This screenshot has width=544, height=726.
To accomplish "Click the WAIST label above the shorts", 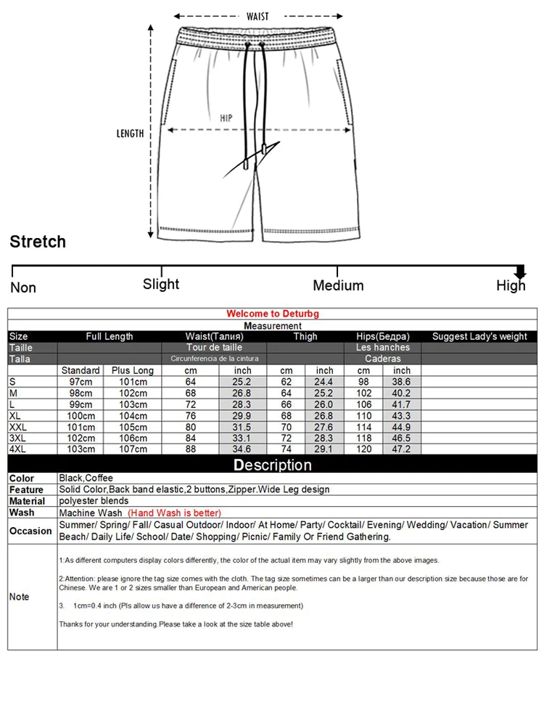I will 257,16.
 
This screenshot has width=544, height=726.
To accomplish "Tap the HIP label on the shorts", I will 226,118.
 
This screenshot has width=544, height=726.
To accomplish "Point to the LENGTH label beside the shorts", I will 131,134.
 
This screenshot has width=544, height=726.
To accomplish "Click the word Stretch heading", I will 38,242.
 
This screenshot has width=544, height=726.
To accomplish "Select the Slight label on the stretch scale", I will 161,284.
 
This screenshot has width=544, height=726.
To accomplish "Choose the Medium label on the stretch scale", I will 338,285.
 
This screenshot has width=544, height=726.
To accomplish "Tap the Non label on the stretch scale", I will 23,287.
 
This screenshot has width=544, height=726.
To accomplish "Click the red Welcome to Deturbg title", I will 273,314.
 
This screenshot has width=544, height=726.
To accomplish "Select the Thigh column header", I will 305,336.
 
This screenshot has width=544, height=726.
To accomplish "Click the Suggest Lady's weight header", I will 479,336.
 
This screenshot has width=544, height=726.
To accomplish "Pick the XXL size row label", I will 20,426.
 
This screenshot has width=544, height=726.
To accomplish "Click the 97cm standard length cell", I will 81,381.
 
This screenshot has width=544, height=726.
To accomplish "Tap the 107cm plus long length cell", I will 133,449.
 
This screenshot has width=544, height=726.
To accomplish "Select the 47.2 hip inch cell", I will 402,449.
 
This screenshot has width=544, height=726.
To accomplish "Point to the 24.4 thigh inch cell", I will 324,381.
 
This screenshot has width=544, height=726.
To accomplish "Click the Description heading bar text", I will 273,465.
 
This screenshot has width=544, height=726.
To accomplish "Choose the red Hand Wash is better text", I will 174,513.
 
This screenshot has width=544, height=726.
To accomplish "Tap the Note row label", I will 19,597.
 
